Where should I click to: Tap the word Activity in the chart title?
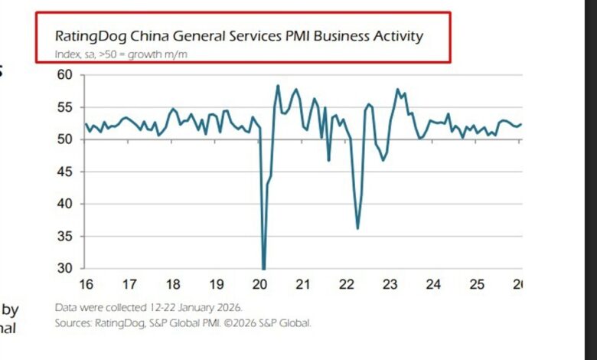395,36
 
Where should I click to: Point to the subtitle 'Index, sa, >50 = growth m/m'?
120,54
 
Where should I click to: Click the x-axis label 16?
86,285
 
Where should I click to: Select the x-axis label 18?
173,285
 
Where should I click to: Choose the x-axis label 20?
260,285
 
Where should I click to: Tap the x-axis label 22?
347,285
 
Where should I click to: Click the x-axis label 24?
434,285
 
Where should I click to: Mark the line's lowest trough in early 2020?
263,268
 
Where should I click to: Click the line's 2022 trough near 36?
357,228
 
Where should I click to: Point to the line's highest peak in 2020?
278,86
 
